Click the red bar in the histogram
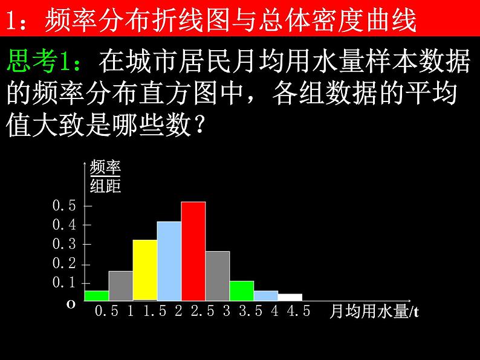coord(193,251)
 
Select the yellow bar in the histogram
coord(145,269)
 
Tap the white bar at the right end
coord(290,297)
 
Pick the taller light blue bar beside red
coord(169,260)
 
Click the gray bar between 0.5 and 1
coord(121,285)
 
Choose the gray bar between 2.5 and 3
coord(218,275)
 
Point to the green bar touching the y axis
coord(97,295)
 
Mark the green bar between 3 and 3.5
coord(242,291)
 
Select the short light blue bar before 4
coord(266,295)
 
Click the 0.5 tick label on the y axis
coord(64,205)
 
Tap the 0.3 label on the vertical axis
coord(64,244)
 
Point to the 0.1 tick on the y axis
coord(64,283)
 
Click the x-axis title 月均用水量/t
coord(374,312)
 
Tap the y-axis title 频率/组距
coord(105,176)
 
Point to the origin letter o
coord(71,305)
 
